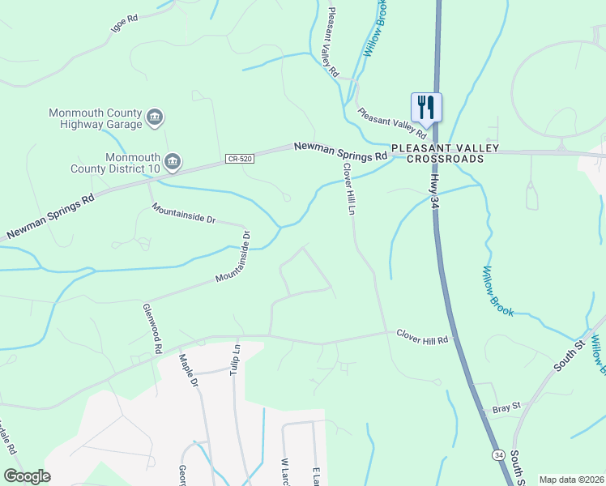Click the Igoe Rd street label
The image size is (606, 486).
click(x=124, y=23)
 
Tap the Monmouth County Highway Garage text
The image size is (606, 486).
click(x=96, y=118)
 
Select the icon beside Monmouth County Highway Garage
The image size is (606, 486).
click(x=155, y=119)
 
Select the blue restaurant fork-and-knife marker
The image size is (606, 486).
click(x=426, y=108)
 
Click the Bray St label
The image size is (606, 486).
click(x=505, y=409)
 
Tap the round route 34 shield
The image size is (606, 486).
click(x=497, y=456)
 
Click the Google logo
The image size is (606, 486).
click(x=27, y=475)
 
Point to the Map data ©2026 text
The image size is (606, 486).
click(x=570, y=480)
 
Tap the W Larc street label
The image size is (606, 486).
click(x=285, y=472)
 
